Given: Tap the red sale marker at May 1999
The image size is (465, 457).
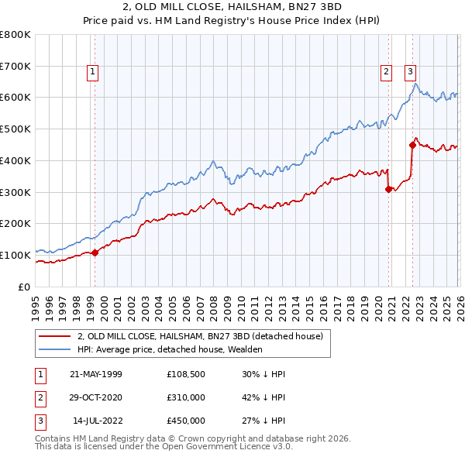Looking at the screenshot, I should (95, 253).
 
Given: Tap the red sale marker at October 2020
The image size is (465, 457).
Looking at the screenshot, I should (388, 188).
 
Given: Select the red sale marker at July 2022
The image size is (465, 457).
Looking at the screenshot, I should (412, 144).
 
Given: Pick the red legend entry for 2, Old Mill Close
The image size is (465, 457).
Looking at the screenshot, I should (205, 336).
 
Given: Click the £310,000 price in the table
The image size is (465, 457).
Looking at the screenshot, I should (185, 397).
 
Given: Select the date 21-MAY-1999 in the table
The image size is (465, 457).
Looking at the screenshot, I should (96, 374).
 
